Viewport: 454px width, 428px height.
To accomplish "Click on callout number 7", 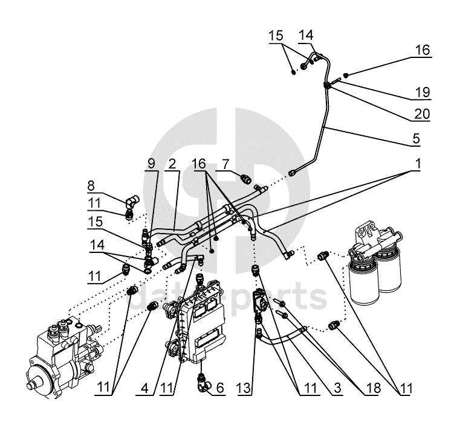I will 225,164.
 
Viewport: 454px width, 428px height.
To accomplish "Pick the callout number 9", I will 151,164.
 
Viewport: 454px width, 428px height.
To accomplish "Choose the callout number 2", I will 173,164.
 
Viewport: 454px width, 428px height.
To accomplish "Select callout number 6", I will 221,388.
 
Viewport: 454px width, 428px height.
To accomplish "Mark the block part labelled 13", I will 261,302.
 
